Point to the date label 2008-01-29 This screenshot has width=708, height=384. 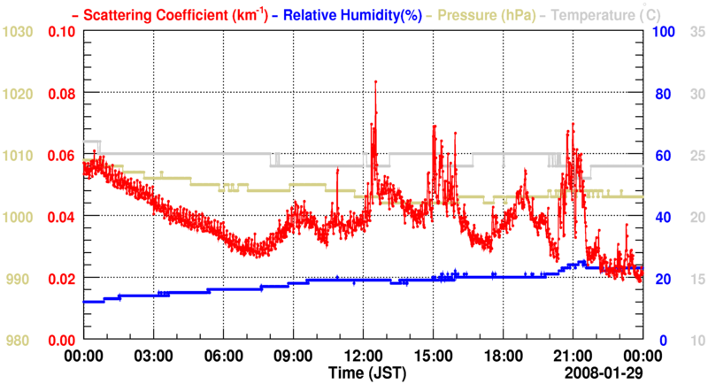(604, 372)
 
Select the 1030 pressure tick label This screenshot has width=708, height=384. (19, 32)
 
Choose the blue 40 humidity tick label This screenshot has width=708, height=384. (662, 217)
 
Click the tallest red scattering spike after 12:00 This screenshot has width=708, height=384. (376, 81)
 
